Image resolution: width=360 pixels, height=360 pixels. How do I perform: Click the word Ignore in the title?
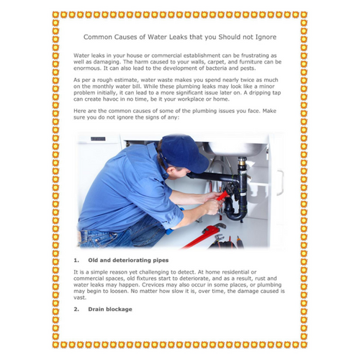pyautogui.click(x=266, y=37)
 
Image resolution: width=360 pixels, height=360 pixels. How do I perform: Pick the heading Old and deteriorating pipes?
pyautogui.click(x=128, y=261)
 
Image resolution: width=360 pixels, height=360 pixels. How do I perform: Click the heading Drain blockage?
pyautogui.click(x=110, y=309)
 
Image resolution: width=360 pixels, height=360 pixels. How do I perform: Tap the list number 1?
pyautogui.click(x=76, y=261)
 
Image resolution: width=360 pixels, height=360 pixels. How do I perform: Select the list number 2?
pyautogui.click(x=76, y=309)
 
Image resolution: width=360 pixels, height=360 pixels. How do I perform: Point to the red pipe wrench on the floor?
pyautogui.click(x=204, y=235)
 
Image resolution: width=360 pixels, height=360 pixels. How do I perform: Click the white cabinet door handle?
pyautogui.click(x=280, y=183)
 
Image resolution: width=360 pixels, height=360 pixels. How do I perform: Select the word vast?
pyautogui.click(x=79, y=297)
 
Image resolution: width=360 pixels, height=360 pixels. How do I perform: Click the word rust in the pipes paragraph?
pyautogui.click(x=260, y=279)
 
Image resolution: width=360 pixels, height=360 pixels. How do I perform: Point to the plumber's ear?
pyautogui.click(x=171, y=171)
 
